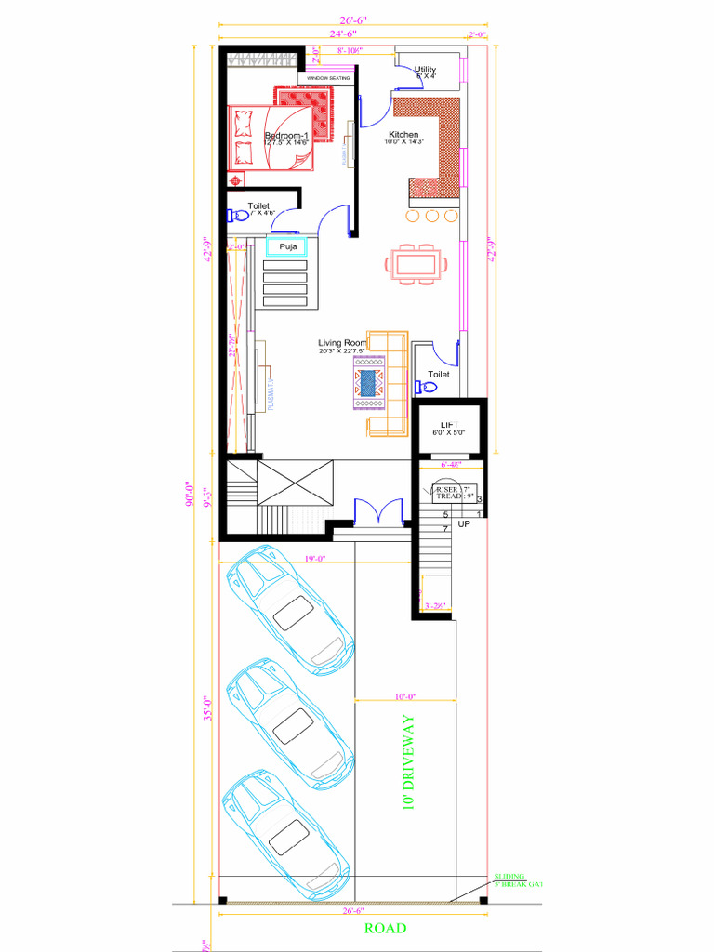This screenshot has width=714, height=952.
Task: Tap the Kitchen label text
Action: tap(403, 135)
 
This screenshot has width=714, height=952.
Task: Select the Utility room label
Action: tap(425, 70)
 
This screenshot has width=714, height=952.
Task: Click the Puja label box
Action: tap(287, 247)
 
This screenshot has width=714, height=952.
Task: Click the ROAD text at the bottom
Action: tap(385, 928)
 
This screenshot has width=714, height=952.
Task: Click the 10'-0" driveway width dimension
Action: tap(404, 695)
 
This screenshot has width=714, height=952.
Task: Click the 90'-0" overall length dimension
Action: tap(188, 491)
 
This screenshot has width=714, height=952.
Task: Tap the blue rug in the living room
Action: tap(371, 382)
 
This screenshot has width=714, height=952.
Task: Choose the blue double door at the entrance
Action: tap(378, 512)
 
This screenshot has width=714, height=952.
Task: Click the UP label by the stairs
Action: tap(464, 524)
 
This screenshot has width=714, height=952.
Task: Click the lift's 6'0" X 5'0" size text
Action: tap(448, 433)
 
